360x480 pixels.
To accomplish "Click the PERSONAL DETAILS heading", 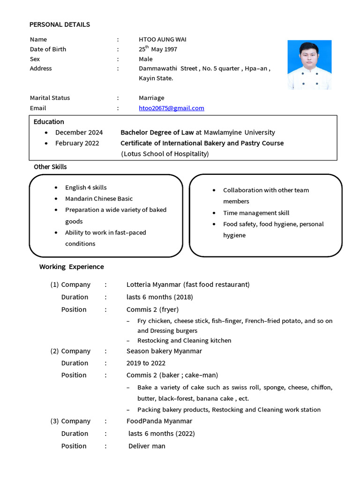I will pyautogui.click(x=60, y=24).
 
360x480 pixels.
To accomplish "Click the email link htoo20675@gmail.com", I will pyautogui.click(x=171, y=108).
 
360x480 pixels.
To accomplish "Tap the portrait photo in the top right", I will pyautogui.click(x=309, y=65).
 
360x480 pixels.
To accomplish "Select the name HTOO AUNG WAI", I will pyautogui.click(x=162, y=39).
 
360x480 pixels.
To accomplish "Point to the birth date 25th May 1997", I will pyautogui.click(x=157, y=49).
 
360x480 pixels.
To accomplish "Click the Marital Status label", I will pyautogui.click(x=50, y=98).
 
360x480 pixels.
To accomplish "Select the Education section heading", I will pyautogui.click(x=49, y=122).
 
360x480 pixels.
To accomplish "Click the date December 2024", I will pyautogui.click(x=79, y=133).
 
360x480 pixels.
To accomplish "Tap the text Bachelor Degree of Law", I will pyautogui.click(x=157, y=133).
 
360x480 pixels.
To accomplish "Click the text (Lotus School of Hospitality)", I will pyautogui.click(x=165, y=154).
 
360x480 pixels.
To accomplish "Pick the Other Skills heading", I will pyautogui.click(x=50, y=167).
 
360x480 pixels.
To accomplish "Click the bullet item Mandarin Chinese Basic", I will pyautogui.click(x=99, y=199).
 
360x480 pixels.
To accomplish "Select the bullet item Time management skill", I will pyautogui.click(x=256, y=213).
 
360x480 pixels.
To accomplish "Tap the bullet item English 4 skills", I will pyautogui.click(x=86, y=187).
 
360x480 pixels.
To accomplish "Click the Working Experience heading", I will pyautogui.click(x=72, y=267).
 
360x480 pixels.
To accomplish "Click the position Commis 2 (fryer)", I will pyautogui.click(x=152, y=309).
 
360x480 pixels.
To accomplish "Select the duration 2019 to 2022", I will pyautogui.click(x=146, y=363).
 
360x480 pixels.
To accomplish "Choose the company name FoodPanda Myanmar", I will pyautogui.click(x=159, y=421).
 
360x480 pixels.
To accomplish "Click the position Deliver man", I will pyautogui.click(x=147, y=446).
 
